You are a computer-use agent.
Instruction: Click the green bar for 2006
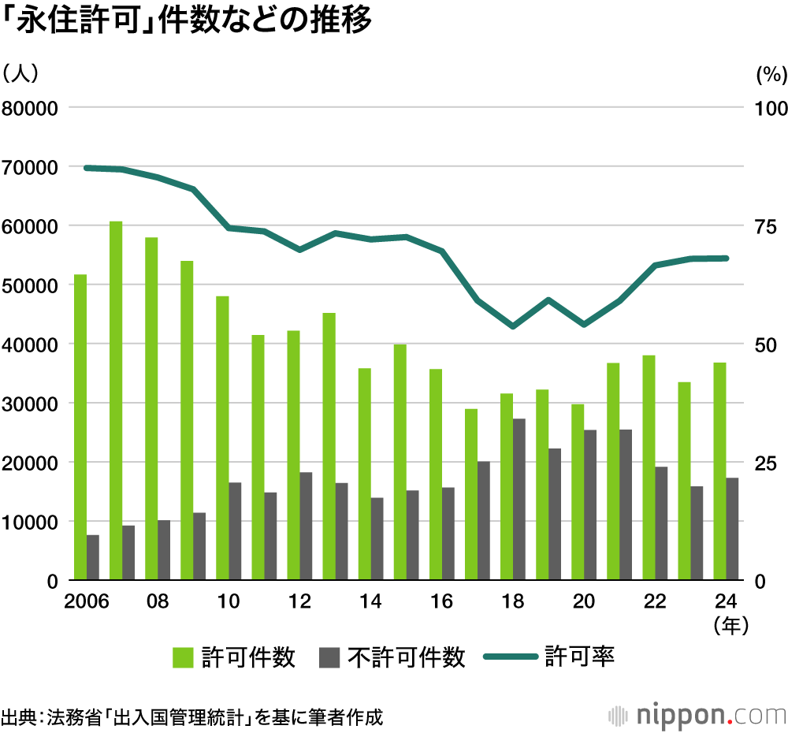[x=80, y=427]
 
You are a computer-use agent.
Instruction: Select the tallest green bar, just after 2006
[x=116, y=400]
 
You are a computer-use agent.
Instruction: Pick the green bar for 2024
[x=719, y=471]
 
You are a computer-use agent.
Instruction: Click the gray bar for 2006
[x=93, y=557]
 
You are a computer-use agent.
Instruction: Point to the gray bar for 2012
[x=306, y=526]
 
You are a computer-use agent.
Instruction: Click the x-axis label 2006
[x=87, y=601]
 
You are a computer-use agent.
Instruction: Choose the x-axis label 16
[x=442, y=601]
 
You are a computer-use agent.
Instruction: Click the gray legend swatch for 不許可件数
[x=329, y=657]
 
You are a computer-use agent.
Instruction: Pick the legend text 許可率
[x=579, y=657]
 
